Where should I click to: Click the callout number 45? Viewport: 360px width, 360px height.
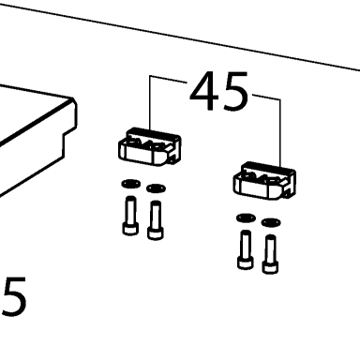click(219, 91)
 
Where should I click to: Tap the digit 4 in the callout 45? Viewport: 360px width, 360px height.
click(204, 91)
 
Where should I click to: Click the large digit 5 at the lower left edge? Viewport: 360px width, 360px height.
click(14, 296)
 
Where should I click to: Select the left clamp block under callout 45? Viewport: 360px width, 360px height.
click(150, 146)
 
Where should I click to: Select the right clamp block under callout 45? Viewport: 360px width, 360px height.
click(264, 181)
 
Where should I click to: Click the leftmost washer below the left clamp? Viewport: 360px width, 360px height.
click(131, 184)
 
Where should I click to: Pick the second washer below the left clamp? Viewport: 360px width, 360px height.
click(156, 188)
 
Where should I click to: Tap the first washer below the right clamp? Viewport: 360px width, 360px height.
click(246, 217)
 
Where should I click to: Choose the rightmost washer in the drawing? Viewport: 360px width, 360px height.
click(271, 222)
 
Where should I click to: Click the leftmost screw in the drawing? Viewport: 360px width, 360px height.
click(130, 216)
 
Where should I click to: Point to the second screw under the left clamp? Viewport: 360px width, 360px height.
click(156, 220)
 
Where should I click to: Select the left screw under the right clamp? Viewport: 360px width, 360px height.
click(245, 249)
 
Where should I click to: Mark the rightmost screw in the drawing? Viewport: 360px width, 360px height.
click(270, 254)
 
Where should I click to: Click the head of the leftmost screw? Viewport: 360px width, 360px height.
click(130, 229)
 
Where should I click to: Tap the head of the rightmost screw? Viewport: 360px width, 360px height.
click(270, 268)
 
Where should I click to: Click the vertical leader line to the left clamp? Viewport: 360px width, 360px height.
click(150, 103)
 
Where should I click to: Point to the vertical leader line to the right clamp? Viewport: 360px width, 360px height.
click(280, 133)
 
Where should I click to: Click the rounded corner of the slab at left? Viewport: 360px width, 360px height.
click(73, 100)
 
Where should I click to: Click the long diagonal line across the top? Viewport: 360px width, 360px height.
click(180, 37)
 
